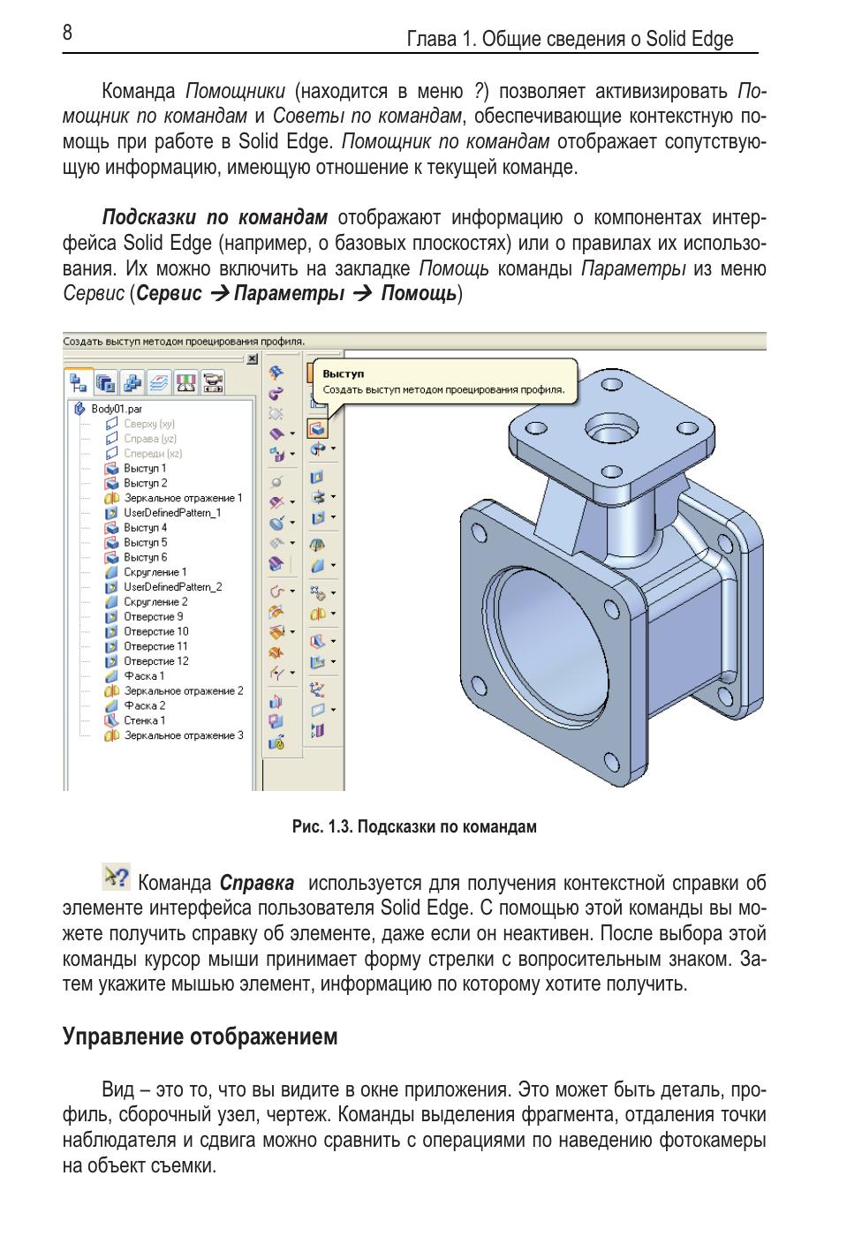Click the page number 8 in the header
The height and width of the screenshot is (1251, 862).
click(x=67, y=34)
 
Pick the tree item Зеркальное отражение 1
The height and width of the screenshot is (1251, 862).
click(x=182, y=498)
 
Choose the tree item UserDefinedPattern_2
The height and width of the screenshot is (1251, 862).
click(x=172, y=587)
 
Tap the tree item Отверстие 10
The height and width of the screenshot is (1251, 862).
click(x=155, y=631)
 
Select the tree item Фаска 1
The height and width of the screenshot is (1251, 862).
click(x=144, y=676)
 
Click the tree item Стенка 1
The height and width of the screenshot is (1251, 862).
click(x=144, y=720)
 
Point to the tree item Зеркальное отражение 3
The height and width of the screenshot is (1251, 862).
click(x=183, y=735)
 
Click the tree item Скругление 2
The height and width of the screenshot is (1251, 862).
click(x=155, y=602)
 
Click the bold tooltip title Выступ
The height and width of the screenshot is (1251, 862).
click(x=344, y=374)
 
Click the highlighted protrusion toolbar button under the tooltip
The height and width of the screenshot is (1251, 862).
click(x=317, y=429)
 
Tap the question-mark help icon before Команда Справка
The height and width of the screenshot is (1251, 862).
click(x=116, y=877)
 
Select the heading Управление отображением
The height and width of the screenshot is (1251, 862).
click(x=200, y=1036)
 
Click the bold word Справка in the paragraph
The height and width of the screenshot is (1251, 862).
click(x=256, y=883)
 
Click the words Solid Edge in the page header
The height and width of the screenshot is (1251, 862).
click(x=689, y=40)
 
